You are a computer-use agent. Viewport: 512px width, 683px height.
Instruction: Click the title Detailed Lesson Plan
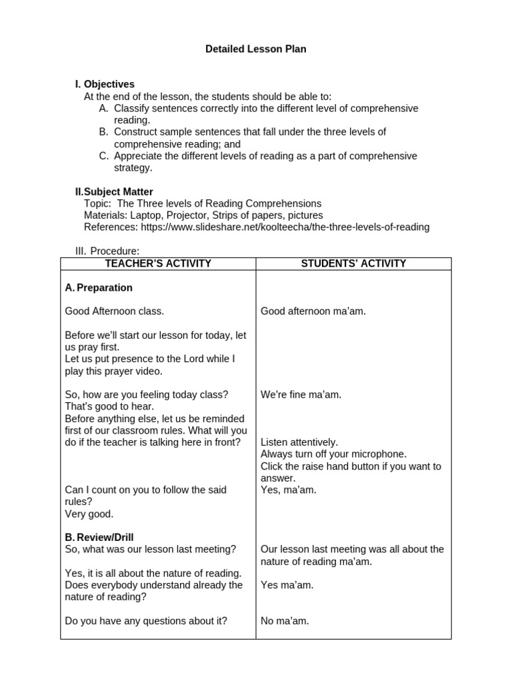click(x=256, y=49)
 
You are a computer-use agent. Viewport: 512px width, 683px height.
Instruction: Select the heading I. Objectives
click(x=105, y=84)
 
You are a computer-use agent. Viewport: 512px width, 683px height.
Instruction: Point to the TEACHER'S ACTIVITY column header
click(x=158, y=263)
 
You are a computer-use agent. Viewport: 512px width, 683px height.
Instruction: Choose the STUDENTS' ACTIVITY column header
click(x=353, y=263)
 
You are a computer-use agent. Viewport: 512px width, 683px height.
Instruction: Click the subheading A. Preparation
click(x=99, y=287)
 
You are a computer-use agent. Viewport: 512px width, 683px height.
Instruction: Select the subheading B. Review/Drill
click(x=99, y=537)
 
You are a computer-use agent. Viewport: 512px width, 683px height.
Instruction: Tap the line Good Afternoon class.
click(x=114, y=311)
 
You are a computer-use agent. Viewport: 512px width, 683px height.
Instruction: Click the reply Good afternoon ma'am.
click(x=313, y=311)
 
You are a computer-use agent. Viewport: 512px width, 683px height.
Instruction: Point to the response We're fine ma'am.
click(x=301, y=394)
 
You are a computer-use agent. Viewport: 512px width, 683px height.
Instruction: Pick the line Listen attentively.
click(x=299, y=442)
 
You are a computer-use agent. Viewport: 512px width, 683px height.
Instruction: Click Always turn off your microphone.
click(x=333, y=454)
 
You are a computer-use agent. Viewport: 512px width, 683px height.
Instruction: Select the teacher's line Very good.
click(x=89, y=514)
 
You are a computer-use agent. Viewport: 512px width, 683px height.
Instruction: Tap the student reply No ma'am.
click(x=285, y=621)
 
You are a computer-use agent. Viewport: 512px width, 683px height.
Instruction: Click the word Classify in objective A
click(x=133, y=108)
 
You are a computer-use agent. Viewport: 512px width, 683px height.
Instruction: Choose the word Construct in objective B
click(x=137, y=132)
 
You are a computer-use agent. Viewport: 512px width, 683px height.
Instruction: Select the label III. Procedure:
click(x=107, y=251)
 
